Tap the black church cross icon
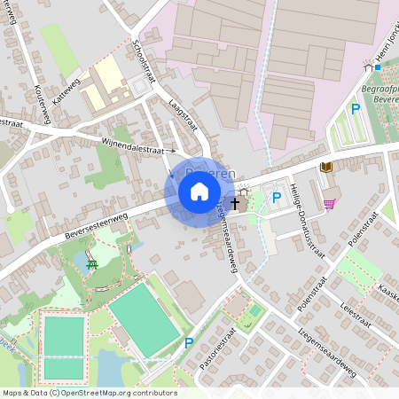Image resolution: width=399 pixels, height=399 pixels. (235, 204)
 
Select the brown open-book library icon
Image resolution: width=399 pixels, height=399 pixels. (326, 167)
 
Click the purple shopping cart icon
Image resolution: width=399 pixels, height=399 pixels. (330, 204)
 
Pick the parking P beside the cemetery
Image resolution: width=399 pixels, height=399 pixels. (355, 109)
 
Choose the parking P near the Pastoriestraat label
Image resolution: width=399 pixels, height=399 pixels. (188, 342)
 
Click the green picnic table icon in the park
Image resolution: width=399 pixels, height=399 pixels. (92, 263)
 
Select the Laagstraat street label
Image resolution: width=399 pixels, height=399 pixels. (183, 116)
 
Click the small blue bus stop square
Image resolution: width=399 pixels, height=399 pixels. (378, 66)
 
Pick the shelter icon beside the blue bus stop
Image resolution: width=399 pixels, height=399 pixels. (367, 64)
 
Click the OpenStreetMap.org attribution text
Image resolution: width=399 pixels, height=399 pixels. (119, 393)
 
